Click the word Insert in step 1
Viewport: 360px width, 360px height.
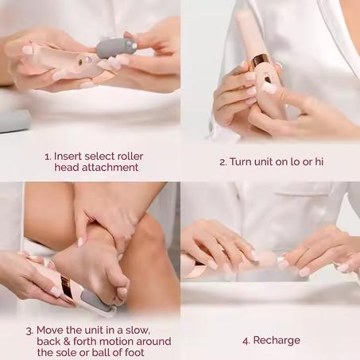coord(69,156)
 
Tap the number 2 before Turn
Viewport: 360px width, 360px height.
coord(223,161)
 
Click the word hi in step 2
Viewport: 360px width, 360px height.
coord(318,161)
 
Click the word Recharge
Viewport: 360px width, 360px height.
coord(277,340)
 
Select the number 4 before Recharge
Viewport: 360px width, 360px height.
coord(246,340)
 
